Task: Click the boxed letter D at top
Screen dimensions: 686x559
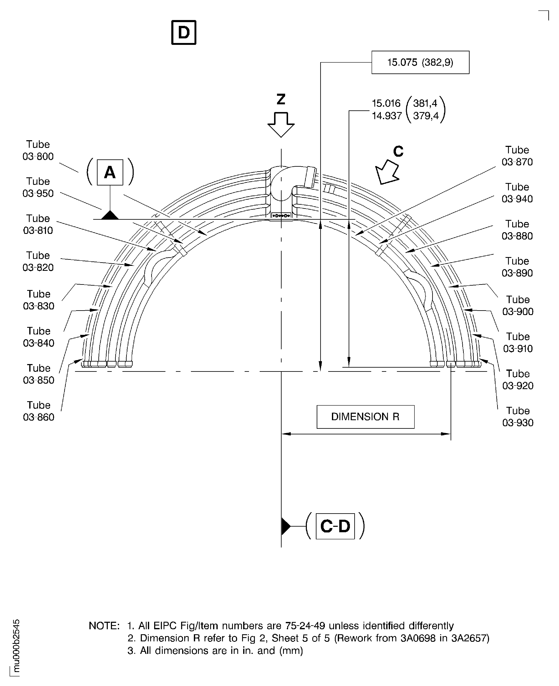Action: pos(184,33)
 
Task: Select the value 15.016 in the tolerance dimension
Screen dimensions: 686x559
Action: pos(386,103)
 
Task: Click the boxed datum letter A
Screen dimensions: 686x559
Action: pos(110,172)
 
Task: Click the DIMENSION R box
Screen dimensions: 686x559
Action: pos(365,417)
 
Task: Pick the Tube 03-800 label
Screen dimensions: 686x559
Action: pos(38,150)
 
